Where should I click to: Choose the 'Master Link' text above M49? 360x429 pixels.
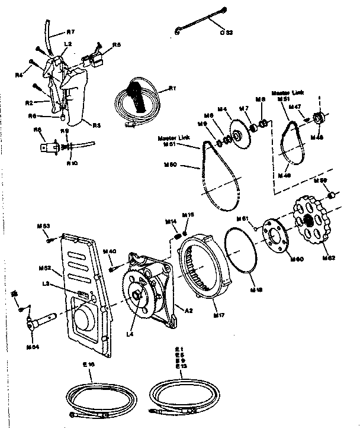[288, 93]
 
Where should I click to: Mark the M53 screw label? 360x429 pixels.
[43, 226]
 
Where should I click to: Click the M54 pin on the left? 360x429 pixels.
[42, 321]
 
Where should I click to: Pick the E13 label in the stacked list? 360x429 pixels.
[179, 367]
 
